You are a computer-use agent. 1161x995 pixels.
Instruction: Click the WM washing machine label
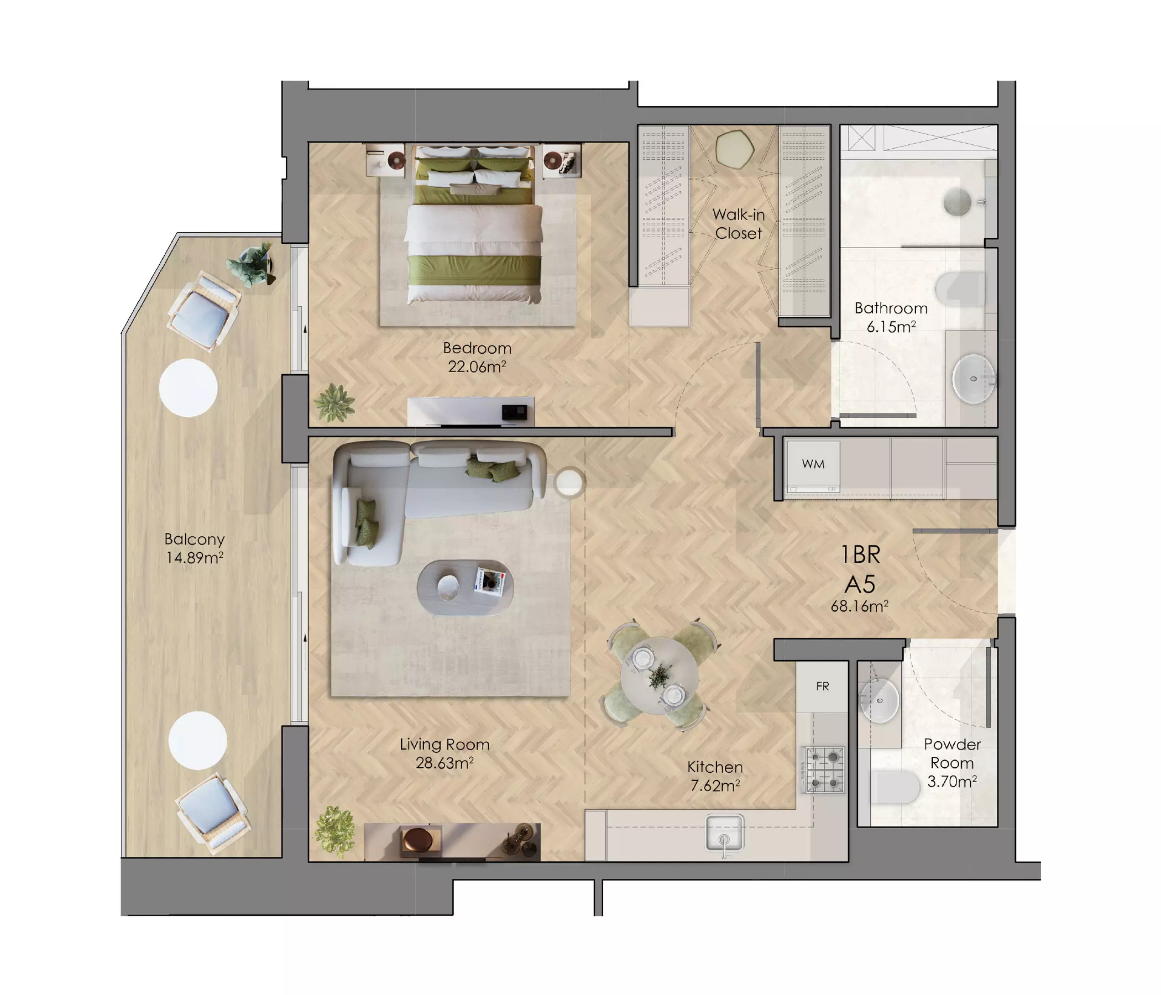(x=813, y=464)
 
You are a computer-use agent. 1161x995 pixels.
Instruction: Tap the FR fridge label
(x=823, y=687)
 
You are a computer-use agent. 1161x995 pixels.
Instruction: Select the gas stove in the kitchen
(x=824, y=770)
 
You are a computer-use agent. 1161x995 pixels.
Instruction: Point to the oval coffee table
(x=465, y=588)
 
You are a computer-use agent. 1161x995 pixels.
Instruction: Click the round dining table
(x=660, y=675)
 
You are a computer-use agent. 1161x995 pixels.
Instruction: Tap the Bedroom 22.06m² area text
(x=477, y=357)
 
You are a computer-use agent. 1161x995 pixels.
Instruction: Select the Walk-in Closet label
(x=739, y=224)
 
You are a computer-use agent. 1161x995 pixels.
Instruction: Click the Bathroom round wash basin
(x=974, y=379)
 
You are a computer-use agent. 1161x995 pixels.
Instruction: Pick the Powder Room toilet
(x=896, y=787)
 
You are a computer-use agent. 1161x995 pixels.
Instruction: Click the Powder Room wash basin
(x=880, y=700)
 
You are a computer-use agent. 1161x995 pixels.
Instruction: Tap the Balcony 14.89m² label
(x=195, y=548)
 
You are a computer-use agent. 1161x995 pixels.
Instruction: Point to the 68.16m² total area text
(x=860, y=606)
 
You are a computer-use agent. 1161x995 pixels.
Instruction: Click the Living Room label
(x=444, y=745)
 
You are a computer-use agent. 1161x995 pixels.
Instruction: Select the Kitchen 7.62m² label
(x=715, y=776)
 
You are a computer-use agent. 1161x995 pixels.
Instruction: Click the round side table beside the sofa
(x=569, y=483)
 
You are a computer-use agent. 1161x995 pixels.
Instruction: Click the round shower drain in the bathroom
(x=958, y=202)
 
